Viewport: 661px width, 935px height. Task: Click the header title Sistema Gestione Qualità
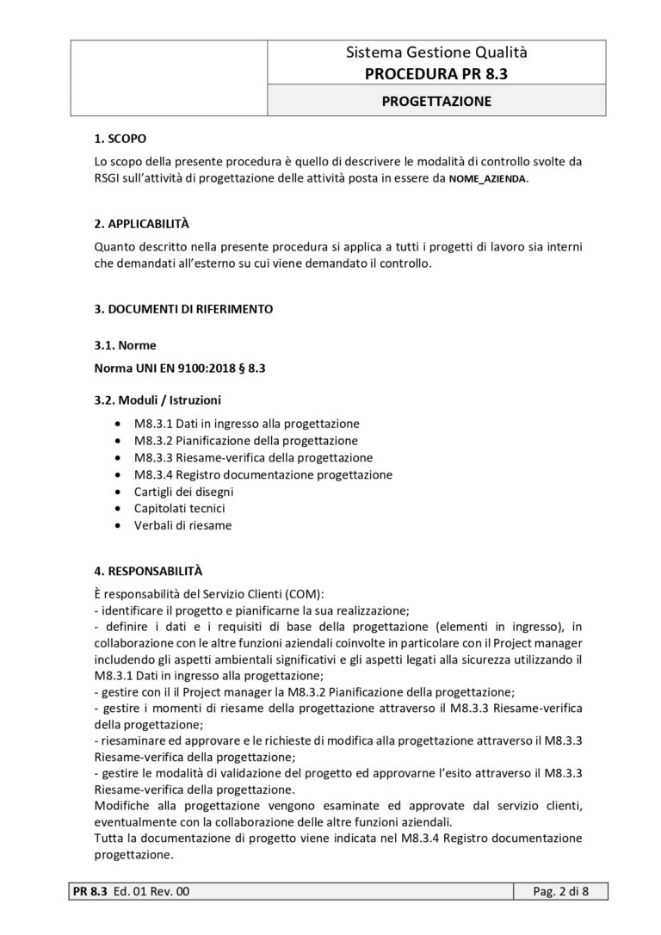pyautogui.click(x=436, y=53)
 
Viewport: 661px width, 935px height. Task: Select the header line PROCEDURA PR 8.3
pyautogui.click(x=436, y=74)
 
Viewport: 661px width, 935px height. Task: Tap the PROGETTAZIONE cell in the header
pyautogui.click(x=436, y=102)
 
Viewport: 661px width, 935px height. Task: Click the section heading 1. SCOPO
pyautogui.click(x=120, y=139)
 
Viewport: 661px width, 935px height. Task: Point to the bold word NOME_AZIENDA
pyautogui.click(x=488, y=179)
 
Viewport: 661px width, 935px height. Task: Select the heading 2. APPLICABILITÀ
pyautogui.click(x=141, y=224)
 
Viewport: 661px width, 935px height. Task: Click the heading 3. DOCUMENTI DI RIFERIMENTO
pyautogui.click(x=184, y=308)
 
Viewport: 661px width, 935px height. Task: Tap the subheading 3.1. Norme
pyautogui.click(x=125, y=345)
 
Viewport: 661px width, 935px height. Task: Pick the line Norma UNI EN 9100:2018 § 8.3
pyautogui.click(x=178, y=368)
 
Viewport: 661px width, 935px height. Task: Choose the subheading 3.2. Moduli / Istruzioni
pyautogui.click(x=158, y=400)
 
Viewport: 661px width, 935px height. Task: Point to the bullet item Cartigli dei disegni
pyautogui.click(x=183, y=492)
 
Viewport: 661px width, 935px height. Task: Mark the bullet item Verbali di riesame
pyautogui.click(x=182, y=525)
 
